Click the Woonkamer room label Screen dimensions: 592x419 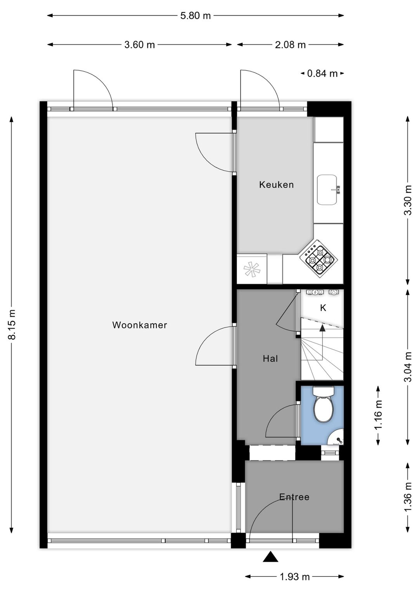(140, 325)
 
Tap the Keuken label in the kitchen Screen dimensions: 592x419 (276, 185)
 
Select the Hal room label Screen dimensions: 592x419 (270, 359)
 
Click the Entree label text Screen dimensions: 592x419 (294, 497)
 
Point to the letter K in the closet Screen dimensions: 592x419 (323, 308)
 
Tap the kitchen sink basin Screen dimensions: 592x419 (327, 190)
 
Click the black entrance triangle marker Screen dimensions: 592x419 (270, 557)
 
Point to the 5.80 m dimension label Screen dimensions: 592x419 (196, 16)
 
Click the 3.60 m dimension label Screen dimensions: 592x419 (140, 45)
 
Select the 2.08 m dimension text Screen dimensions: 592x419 (290, 45)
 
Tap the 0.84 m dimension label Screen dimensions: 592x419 (322, 73)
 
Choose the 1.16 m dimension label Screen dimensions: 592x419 (378, 415)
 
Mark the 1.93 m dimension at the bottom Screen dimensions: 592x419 (295, 577)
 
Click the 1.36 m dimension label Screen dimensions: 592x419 (407, 497)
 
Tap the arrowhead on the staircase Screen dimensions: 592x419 (322, 328)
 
